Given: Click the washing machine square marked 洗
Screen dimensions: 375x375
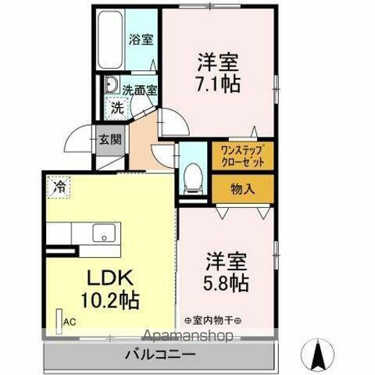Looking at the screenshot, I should point(115,106).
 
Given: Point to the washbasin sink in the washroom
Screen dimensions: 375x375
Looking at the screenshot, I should point(110,87).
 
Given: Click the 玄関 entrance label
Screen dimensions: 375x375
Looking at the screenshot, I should point(109,141).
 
